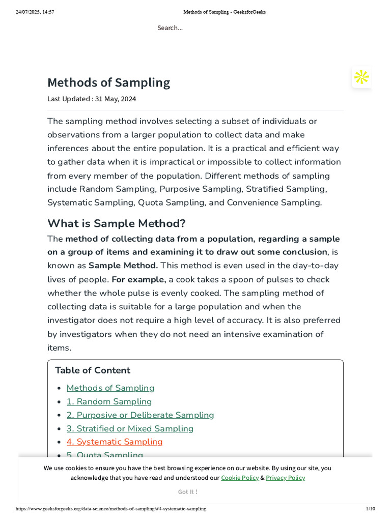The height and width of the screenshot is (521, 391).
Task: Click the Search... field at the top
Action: [170, 28]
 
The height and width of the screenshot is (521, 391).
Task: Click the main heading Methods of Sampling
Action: [108, 82]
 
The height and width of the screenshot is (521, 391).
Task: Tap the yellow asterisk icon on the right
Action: [361, 77]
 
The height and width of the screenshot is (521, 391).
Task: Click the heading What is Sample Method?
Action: [117, 223]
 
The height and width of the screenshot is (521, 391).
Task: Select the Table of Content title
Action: [93, 370]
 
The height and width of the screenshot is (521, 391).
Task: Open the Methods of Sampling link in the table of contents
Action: [110, 388]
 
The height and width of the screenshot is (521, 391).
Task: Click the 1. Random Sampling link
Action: [109, 401]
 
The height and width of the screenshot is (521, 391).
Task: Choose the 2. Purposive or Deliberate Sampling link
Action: [140, 415]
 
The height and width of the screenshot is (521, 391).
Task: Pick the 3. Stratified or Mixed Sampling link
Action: [130, 428]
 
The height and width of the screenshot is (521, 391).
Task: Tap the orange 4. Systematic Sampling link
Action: [115, 442]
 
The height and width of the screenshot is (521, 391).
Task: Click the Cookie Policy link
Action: [240, 478]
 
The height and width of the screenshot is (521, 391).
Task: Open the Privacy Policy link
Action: [285, 478]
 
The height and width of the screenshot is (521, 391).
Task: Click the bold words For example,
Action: [139, 279]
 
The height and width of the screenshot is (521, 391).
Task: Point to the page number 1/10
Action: [370, 509]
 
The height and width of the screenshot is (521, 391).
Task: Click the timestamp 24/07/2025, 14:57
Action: [35, 12]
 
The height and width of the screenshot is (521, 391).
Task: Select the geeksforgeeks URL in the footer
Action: [111, 509]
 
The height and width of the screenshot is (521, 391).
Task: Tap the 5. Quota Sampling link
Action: [105, 454]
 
